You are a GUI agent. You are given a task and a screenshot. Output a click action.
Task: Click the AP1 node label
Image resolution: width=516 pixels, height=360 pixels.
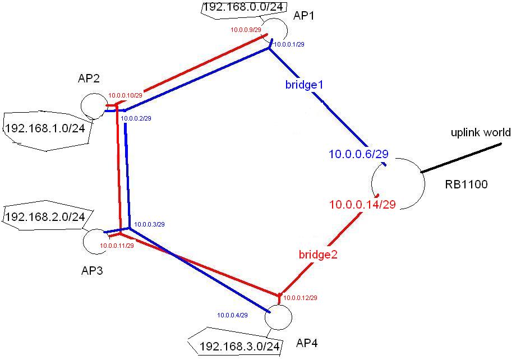305,16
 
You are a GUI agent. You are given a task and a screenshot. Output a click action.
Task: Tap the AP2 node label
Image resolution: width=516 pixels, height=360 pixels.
89,79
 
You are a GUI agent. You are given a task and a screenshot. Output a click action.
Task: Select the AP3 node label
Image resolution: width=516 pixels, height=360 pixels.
93,271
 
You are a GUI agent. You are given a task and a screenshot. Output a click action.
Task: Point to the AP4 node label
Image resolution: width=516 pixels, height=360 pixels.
293,343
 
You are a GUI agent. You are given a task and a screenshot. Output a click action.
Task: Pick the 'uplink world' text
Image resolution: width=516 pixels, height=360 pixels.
481,133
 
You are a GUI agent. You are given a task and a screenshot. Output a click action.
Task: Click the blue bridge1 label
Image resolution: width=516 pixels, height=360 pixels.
305,85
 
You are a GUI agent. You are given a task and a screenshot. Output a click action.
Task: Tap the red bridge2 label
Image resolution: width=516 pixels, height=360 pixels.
317,255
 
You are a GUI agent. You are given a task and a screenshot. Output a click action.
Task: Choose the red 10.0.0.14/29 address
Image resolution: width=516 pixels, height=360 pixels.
363,205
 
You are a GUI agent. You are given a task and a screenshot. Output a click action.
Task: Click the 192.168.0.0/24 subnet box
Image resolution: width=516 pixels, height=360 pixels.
231,8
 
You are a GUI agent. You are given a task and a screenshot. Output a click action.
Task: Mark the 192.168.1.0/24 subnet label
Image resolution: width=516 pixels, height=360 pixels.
45,128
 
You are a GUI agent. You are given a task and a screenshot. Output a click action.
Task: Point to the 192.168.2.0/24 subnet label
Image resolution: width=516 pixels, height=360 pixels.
45,216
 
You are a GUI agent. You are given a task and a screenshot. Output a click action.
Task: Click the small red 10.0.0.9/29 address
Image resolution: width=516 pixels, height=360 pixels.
246,30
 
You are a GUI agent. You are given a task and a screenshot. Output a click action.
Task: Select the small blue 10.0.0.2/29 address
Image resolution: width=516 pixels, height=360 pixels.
136,118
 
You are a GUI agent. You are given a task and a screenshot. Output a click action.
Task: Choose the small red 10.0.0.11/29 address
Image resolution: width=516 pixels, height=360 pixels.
117,246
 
